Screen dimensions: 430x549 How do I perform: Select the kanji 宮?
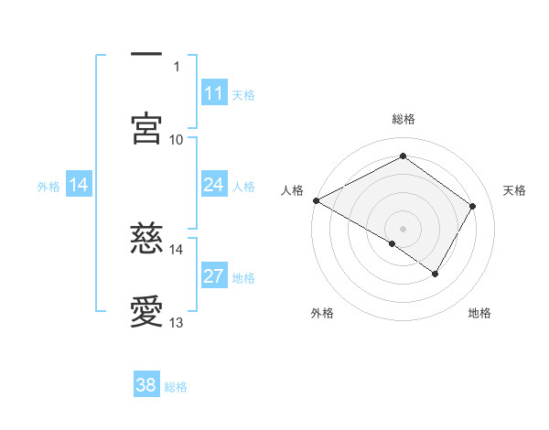click(146, 129)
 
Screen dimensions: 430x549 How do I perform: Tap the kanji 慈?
click(146, 239)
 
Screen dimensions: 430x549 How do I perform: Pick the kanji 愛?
click(146, 312)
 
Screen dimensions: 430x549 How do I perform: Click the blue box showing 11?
click(213, 93)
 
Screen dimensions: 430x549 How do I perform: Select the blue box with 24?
click(213, 185)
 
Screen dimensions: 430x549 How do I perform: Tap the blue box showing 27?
click(213, 276)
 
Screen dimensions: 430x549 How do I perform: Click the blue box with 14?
click(79, 185)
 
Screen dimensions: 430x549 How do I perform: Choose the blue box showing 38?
click(146, 385)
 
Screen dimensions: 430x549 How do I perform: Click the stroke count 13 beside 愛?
click(176, 323)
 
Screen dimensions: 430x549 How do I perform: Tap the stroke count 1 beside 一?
click(176, 67)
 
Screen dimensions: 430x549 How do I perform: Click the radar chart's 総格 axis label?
click(403, 119)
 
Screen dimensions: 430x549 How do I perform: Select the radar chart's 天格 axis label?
click(514, 190)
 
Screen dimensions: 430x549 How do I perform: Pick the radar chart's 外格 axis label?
click(322, 313)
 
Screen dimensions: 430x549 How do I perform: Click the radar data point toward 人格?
click(316, 200)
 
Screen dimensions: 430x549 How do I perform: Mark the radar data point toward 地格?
click(436, 274)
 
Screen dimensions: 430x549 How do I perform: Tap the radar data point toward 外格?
click(393, 243)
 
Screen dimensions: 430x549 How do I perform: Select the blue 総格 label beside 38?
click(176, 386)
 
